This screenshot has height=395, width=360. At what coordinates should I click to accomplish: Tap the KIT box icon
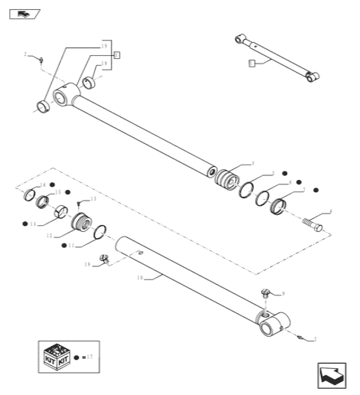(x=57, y=357)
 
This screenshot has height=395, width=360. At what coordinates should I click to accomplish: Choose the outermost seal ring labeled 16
(x=33, y=194)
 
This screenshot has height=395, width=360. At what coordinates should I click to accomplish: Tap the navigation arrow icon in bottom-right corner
(x=330, y=374)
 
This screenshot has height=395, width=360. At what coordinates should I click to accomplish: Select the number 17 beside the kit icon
(x=90, y=357)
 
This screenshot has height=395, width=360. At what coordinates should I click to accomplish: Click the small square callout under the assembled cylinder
(x=252, y=64)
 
